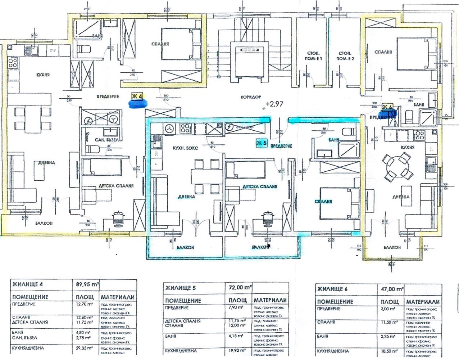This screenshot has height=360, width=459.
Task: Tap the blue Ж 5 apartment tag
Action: [x=262, y=143]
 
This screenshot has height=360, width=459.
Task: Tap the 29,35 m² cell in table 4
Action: [x=84, y=348]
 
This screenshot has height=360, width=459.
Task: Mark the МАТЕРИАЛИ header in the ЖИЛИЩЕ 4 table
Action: [x=118, y=297]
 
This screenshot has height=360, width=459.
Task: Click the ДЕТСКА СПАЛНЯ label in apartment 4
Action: [x=116, y=186]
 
